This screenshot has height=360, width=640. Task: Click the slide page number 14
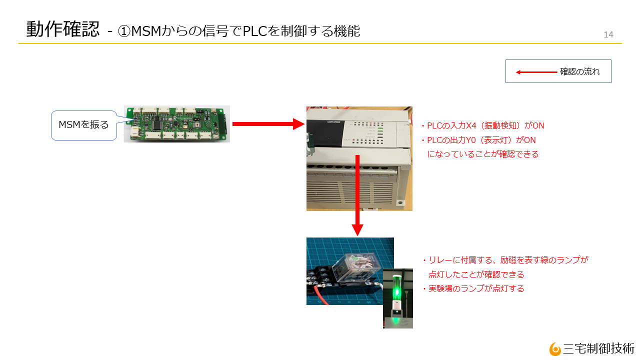pyautogui.click(x=608, y=34)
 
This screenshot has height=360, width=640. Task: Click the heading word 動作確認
pyautogui.click(x=63, y=29)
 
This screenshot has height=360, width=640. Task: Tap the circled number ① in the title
pyautogui.click(x=124, y=31)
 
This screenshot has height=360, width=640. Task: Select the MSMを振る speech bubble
pyautogui.click(x=83, y=125)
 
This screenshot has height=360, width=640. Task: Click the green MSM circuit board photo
pyautogui.click(x=177, y=123)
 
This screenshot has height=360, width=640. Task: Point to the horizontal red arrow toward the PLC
pyautogui.click(x=268, y=124)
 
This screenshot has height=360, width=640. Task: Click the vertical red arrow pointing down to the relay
pyautogui.click(x=357, y=195)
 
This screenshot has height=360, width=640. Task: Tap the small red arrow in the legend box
pyautogui.click(x=536, y=72)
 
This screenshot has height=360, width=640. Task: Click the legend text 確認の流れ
pyautogui.click(x=579, y=71)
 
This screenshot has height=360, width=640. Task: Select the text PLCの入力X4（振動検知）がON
pyautogui.click(x=485, y=125)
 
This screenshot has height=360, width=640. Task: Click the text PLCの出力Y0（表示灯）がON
pyautogui.click(x=481, y=140)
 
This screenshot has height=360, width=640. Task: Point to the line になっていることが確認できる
pyautogui.click(x=483, y=154)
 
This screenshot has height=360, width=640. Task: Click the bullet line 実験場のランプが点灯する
pyautogui.click(x=476, y=288)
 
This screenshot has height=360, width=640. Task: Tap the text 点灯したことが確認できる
pyautogui.click(x=476, y=274)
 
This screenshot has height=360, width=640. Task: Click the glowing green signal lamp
pyautogui.click(x=396, y=291)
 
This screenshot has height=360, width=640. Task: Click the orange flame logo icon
pyautogui.click(x=555, y=349)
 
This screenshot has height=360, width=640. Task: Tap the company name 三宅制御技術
pyautogui.click(x=598, y=348)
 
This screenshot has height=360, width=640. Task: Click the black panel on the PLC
pyautogui.click(x=325, y=133)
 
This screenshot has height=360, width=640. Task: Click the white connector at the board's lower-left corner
pyautogui.click(x=135, y=132)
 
